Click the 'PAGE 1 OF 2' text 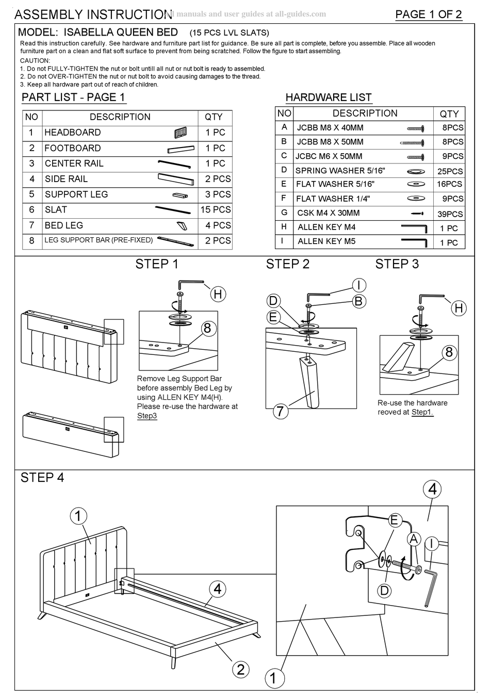point(428,14)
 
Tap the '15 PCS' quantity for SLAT point(215,210)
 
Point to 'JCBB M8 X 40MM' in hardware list point(330,127)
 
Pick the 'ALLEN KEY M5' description point(326,241)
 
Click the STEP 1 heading point(157,264)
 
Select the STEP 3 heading point(397,264)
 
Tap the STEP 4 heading point(42,478)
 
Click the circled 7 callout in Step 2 point(280,411)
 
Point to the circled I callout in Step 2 point(358,285)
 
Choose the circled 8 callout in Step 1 point(207,328)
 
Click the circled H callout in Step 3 point(459,308)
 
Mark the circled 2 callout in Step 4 point(240,669)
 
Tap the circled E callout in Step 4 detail point(394,520)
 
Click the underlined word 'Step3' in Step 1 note point(146,416)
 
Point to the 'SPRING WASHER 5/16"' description point(340,171)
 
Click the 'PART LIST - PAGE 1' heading point(73,97)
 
